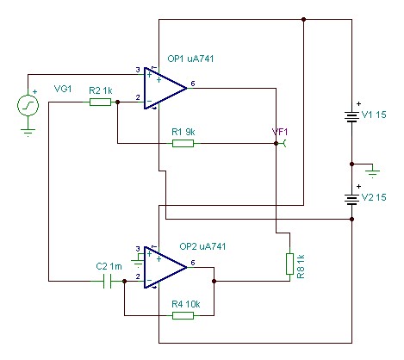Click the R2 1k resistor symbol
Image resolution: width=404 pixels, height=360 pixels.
[100, 102]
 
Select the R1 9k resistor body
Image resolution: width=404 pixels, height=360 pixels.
[183, 143]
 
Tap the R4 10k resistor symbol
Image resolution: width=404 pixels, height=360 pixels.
[183, 315]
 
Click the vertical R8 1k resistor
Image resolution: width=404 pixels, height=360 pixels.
[289, 264]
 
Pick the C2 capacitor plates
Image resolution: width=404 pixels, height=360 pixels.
[107, 281]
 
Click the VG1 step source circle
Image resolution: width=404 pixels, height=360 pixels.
[28, 105]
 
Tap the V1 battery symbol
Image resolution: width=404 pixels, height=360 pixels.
[351, 117]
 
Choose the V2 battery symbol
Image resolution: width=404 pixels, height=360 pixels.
[351, 200]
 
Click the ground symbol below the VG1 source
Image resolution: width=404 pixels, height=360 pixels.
[28, 133]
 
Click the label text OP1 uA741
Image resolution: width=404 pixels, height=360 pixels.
[190, 59]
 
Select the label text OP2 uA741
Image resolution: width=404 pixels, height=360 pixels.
[202, 246]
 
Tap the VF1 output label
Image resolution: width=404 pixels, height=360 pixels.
[280, 132]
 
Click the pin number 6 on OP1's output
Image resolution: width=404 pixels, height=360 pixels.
[193, 84]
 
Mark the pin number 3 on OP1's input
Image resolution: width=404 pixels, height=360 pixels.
[138, 70]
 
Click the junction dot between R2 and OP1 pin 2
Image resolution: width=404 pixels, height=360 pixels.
[117, 102]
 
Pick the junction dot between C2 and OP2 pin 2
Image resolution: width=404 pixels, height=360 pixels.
[124, 281]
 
